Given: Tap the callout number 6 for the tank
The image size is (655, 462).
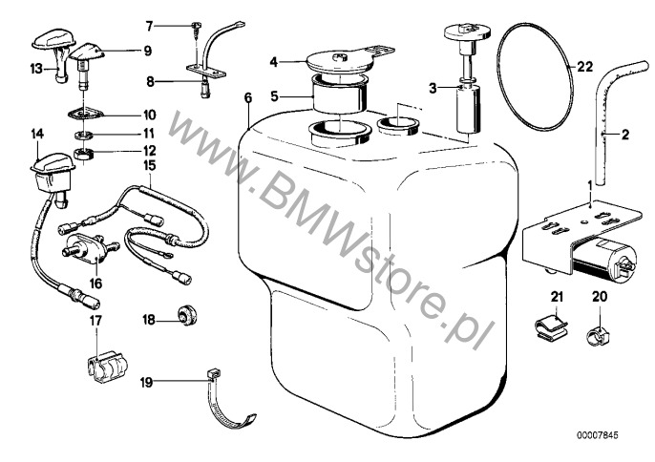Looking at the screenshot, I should tap(247, 98).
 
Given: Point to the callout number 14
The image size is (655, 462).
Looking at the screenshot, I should tap(37, 134).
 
